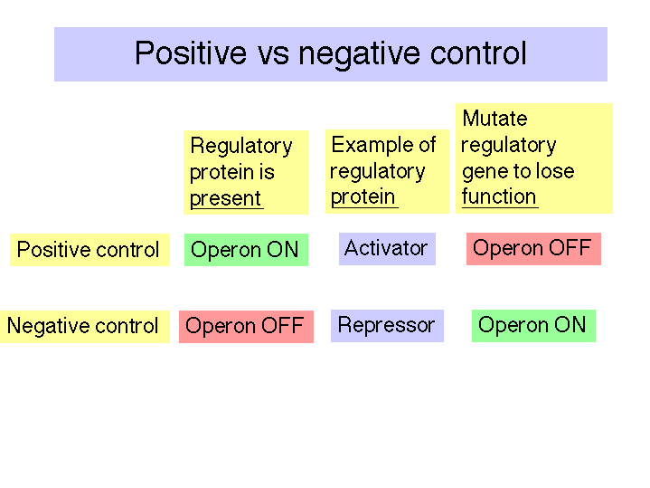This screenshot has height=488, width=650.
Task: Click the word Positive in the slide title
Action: point(191,53)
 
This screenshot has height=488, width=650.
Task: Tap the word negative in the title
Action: point(360,55)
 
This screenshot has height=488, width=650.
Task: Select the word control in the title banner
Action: point(478,53)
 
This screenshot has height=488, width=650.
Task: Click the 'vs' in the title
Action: point(273,56)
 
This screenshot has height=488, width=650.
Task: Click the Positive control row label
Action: point(89,250)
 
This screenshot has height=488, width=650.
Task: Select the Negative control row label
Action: point(85,327)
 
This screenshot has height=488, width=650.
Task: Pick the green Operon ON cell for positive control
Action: point(246,250)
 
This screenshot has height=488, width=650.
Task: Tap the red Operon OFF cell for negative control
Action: point(246,327)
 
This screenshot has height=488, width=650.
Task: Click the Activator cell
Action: point(387,249)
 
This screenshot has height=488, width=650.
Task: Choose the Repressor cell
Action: point(387,326)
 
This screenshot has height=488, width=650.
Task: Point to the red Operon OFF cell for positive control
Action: point(533,249)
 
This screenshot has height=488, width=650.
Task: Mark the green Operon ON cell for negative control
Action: point(533,326)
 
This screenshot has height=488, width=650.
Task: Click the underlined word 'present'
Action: point(225,199)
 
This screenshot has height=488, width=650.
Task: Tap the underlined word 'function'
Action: point(499,196)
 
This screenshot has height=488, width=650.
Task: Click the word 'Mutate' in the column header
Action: point(495,119)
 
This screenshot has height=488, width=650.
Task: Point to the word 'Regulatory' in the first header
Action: point(241,146)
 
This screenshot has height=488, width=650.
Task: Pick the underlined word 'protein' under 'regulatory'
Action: point(363,197)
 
